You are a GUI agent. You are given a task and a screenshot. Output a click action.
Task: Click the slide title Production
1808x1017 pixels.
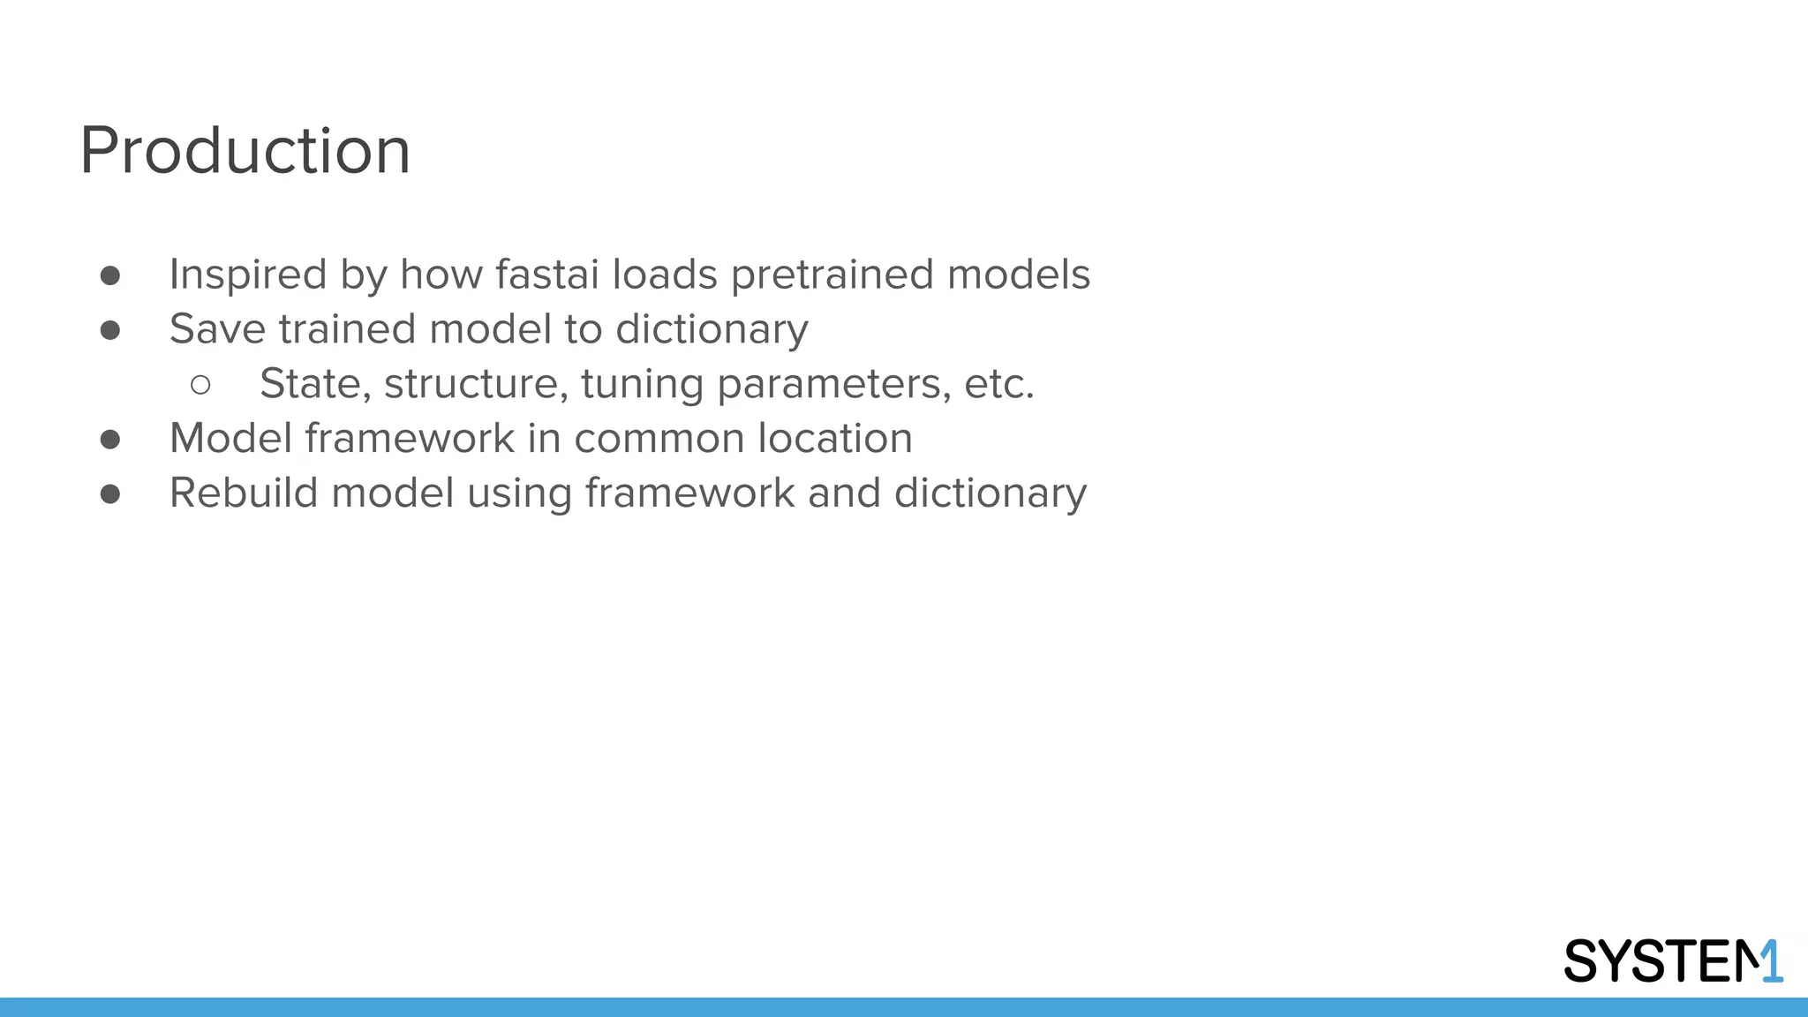245,151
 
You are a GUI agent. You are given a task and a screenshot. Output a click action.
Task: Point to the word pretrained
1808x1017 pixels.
832,275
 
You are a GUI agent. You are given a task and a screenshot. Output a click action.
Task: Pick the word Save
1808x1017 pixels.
217,329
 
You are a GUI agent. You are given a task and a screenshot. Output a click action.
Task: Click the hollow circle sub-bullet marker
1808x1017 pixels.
200,385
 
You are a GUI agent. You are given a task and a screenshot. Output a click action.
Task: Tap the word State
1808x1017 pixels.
315,384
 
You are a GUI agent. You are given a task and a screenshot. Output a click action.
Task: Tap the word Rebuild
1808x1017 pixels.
244,493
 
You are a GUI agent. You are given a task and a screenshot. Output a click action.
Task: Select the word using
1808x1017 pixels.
519,494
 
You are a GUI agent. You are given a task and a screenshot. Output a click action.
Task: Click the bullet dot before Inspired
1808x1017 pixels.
110,275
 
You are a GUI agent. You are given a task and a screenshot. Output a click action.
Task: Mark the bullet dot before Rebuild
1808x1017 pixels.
110,493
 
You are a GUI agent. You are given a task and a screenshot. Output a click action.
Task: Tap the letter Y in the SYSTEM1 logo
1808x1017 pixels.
1623,961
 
